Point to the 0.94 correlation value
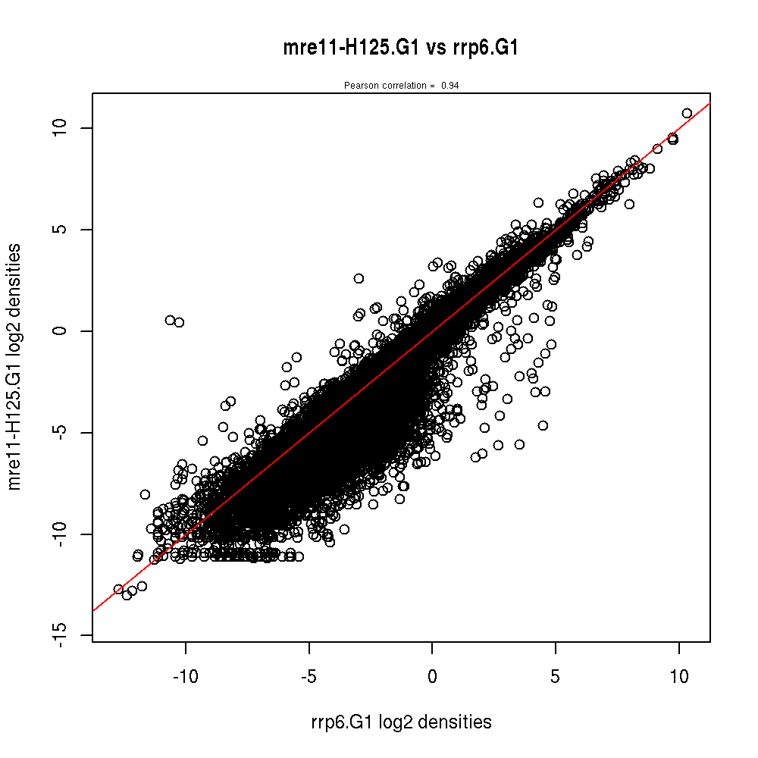(449, 86)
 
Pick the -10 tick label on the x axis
(185, 676)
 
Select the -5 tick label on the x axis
(309, 676)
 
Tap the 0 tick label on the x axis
(432, 676)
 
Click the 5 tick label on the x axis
(556, 676)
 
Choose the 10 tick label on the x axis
(679, 676)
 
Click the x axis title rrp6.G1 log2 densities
(401, 722)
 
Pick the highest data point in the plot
(687, 113)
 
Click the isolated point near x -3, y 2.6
(359, 278)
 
